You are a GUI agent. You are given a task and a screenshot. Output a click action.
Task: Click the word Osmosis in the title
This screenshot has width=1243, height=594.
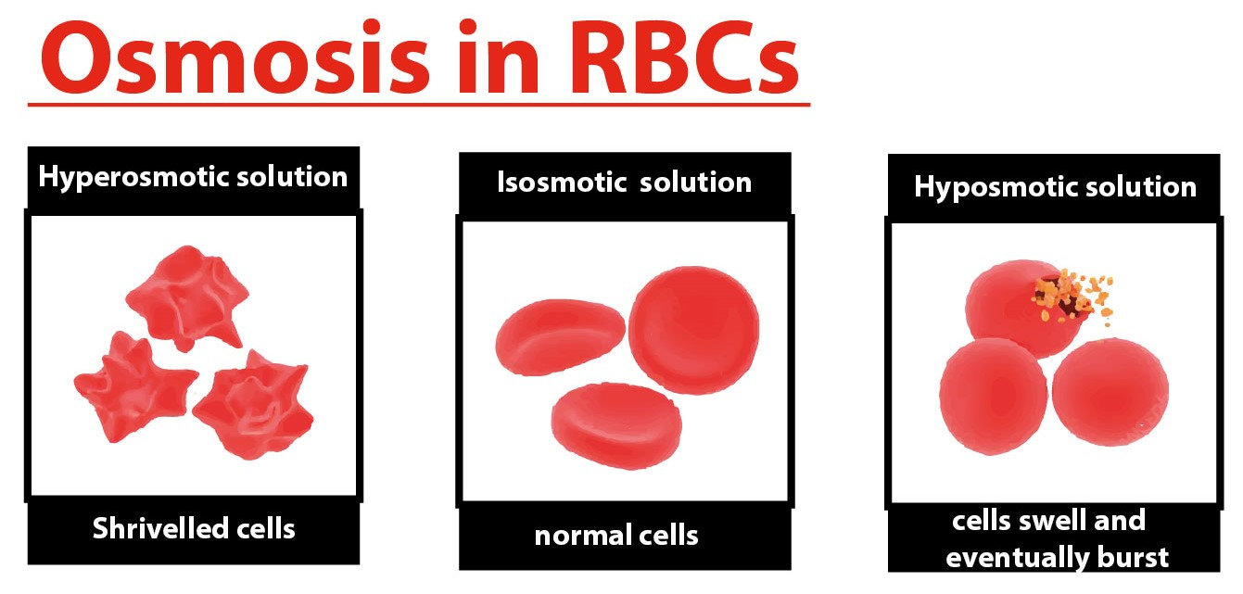tap(235, 57)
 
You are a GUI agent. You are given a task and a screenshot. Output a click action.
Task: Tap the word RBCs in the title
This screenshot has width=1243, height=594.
tap(683, 57)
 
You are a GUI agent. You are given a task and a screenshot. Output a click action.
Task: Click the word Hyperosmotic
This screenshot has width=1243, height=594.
tap(133, 178)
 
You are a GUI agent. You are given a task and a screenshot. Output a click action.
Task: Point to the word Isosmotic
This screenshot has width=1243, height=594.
tap(562, 182)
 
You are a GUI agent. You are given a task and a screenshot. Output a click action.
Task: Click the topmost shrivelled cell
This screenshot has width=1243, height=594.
tap(187, 298)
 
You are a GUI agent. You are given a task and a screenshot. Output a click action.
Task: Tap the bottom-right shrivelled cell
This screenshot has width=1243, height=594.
tap(253, 405)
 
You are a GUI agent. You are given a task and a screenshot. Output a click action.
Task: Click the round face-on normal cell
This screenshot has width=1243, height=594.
tap(694, 330)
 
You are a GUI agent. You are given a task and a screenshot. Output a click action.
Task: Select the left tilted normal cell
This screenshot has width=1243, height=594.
tap(561, 337)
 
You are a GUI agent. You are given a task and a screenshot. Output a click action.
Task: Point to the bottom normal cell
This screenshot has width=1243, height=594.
tap(616, 426)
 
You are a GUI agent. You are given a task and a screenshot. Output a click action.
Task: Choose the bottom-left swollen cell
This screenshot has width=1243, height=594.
tap(994, 397)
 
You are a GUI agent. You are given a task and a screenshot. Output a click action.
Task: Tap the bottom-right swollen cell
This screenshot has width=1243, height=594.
tap(1110, 392)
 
